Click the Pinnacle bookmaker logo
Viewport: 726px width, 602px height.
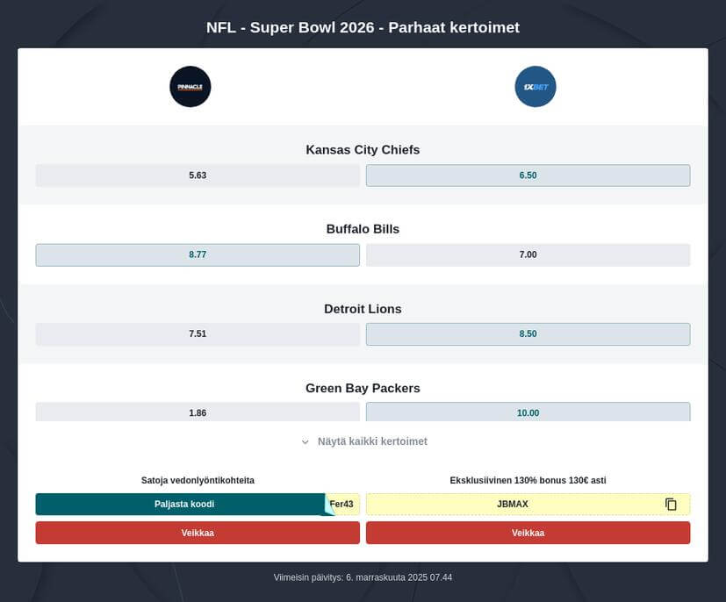tap(190, 87)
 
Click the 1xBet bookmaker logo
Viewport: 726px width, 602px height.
tap(536, 87)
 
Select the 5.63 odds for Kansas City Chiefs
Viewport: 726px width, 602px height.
tap(198, 176)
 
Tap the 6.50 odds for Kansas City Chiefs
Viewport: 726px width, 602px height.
tap(528, 176)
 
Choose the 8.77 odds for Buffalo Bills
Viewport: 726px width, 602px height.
tap(198, 254)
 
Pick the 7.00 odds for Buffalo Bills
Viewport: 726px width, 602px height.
tap(528, 254)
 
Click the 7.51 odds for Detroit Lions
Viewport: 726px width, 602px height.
tap(198, 334)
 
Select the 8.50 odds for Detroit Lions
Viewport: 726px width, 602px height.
tap(528, 334)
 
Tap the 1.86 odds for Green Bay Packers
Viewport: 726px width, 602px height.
tap(198, 412)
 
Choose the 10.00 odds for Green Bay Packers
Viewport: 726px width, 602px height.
tap(528, 412)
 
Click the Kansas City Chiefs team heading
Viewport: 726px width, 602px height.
tap(363, 150)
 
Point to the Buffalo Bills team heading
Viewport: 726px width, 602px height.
tap(363, 229)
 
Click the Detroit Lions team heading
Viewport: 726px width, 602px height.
tap(363, 309)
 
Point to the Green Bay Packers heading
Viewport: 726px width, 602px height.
tap(363, 388)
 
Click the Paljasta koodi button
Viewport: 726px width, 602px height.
tap(184, 504)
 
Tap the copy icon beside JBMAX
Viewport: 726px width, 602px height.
tap(671, 504)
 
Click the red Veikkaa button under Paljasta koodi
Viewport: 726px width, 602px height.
tap(198, 533)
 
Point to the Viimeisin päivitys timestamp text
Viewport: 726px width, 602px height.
tap(363, 577)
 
